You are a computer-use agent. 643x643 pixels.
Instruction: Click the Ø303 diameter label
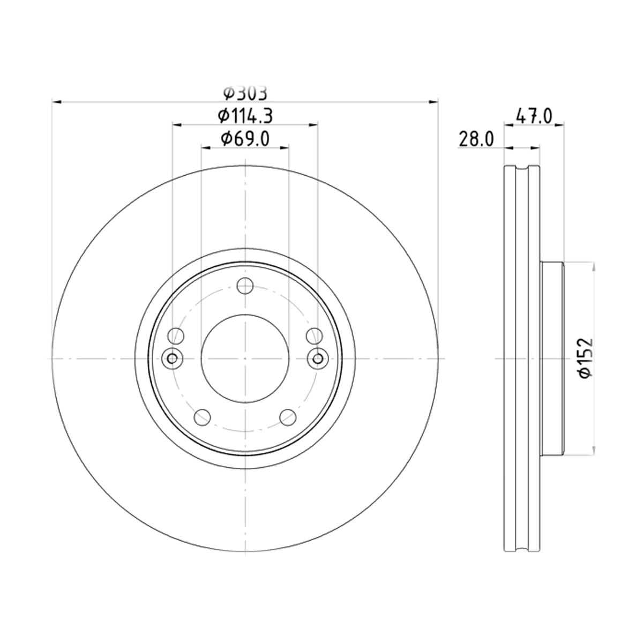click(x=245, y=93)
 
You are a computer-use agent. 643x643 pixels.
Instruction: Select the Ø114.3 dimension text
click(x=245, y=116)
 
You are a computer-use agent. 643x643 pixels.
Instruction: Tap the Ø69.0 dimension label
click(x=245, y=139)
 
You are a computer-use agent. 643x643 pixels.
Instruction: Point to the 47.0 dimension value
click(x=534, y=116)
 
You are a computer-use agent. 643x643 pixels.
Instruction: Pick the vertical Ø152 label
click(x=586, y=358)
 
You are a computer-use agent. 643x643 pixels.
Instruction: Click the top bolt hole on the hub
click(x=245, y=286)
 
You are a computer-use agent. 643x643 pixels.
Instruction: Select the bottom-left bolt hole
click(x=202, y=417)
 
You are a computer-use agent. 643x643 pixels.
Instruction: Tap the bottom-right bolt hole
click(x=288, y=417)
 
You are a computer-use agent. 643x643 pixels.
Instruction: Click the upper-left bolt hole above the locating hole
click(x=176, y=336)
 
